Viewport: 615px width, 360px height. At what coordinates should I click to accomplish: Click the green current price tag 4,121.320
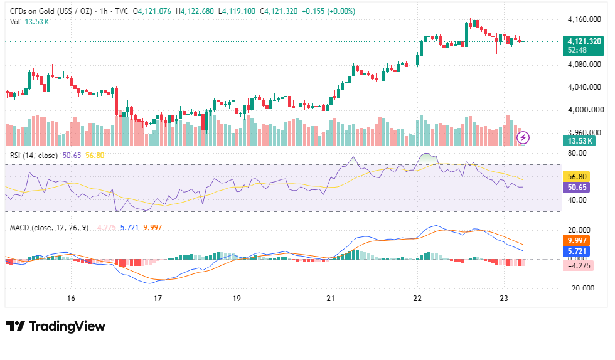tap(583, 46)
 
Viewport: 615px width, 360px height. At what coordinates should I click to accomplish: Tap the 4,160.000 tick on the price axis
tap(584, 19)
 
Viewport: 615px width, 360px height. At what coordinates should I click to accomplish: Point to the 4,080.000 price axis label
tap(584, 65)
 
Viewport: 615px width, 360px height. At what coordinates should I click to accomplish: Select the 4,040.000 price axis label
tap(584, 87)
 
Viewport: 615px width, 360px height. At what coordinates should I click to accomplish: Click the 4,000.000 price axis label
tap(586, 110)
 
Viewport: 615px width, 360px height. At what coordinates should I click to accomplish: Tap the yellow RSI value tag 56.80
tap(577, 177)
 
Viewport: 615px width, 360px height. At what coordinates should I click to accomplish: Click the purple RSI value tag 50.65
tap(577, 188)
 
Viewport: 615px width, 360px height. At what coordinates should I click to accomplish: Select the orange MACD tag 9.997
tap(577, 241)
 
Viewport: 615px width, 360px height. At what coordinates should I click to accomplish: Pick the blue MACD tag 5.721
tap(577, 251)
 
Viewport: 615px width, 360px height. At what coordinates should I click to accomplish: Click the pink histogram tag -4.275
tap(578, 265)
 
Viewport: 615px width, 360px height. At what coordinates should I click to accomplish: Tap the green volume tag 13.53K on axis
tap(579, 140)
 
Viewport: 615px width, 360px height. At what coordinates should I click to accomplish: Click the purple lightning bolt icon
tap(523, 137)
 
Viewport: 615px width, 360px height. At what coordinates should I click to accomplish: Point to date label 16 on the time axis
tap(70, 299)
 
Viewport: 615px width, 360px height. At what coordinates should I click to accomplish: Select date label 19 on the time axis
tap(237, 299)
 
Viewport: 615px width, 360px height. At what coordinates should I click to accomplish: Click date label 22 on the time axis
tap(417, 299)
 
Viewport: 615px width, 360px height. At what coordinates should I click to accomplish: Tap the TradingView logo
tap(56, 326)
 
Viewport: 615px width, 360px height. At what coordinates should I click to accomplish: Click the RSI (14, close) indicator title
tap(34, 156)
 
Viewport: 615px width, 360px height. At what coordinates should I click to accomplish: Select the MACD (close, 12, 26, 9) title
tap(49, 228)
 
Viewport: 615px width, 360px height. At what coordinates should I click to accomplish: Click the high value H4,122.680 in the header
tap(195, 11)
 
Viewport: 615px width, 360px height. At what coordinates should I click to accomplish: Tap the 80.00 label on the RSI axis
tap(577, 153)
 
